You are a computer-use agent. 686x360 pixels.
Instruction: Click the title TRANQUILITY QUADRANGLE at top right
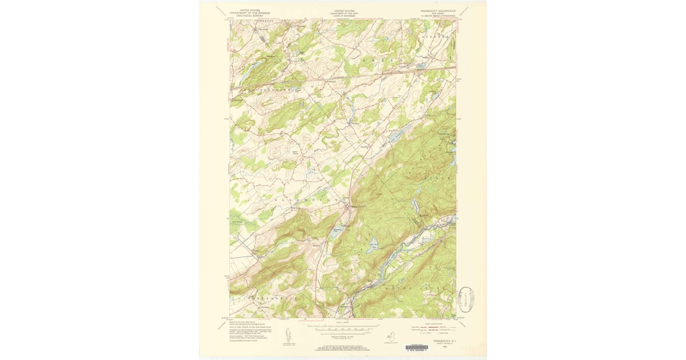pyautogui.click(x=438, y=10)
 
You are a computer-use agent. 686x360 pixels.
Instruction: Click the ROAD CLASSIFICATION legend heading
pyautogui.click(x=434, y=323)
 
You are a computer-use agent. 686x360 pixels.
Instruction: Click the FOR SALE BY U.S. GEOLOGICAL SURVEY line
pyautogui.click(x=344, y=346)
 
